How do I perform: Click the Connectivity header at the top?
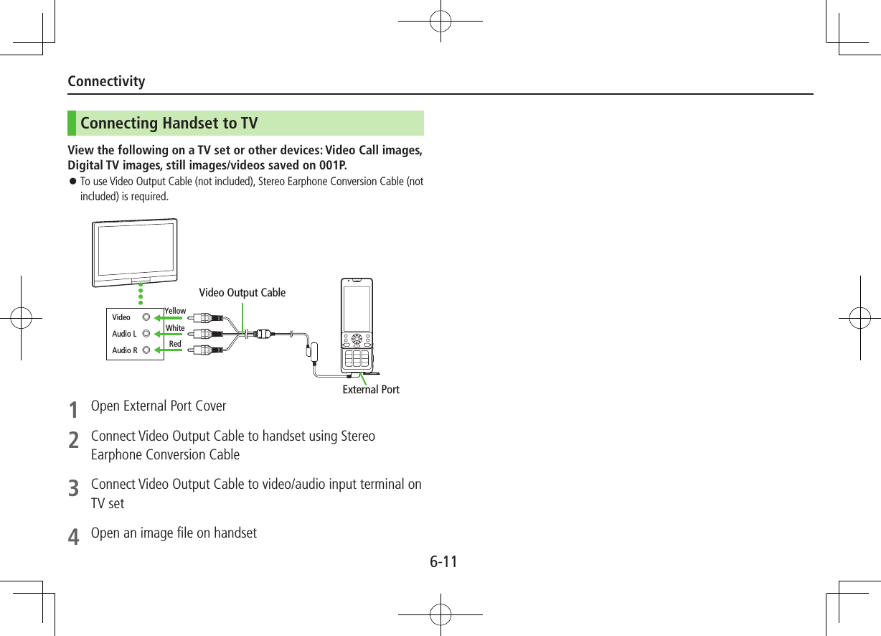[x=106, y=81]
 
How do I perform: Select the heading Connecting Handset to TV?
[x=169, y=123]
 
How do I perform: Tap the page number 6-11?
[x=443, y=561]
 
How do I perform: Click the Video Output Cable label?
[x=242, y=293]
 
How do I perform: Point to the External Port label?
[x=370, y=390]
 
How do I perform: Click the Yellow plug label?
[x=175, y=311]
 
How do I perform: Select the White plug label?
[x=175, y=328]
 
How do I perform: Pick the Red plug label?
[x=174, y=345]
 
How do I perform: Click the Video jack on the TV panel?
[x=146, y=317]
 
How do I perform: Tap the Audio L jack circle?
[x=146, y=334]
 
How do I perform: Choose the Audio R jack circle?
[x=146, y=350]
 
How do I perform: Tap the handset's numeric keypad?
[x=357, y=358]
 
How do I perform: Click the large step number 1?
[x=73, y=410]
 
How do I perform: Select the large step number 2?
[x=73, y=440]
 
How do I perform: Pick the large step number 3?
[x=73, y=489]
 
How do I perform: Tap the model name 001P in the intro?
[x=332, y=167]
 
